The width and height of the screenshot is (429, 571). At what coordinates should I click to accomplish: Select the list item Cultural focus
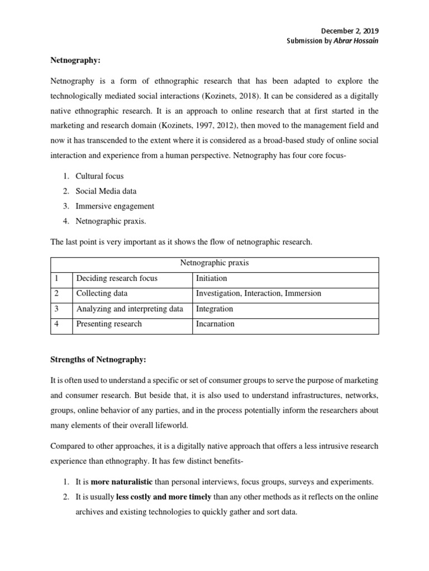click(99, 176)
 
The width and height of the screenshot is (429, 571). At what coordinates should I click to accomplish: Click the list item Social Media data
click(106, 191)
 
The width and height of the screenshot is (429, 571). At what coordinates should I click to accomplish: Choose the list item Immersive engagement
click(115, 206)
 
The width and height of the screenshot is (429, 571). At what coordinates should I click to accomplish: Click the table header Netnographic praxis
click(214, 263)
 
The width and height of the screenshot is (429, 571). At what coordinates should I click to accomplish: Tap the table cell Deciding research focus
click(117, 278)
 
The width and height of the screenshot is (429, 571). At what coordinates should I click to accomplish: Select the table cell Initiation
click(212, 278)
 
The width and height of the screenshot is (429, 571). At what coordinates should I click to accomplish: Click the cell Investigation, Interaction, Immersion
click(258, 293)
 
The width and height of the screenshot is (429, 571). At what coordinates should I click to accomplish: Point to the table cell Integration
click(214, 308)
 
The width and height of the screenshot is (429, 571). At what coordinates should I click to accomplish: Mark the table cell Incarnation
click(215, 323)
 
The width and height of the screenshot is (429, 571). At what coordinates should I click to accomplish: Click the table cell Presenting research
click(109, 323)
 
